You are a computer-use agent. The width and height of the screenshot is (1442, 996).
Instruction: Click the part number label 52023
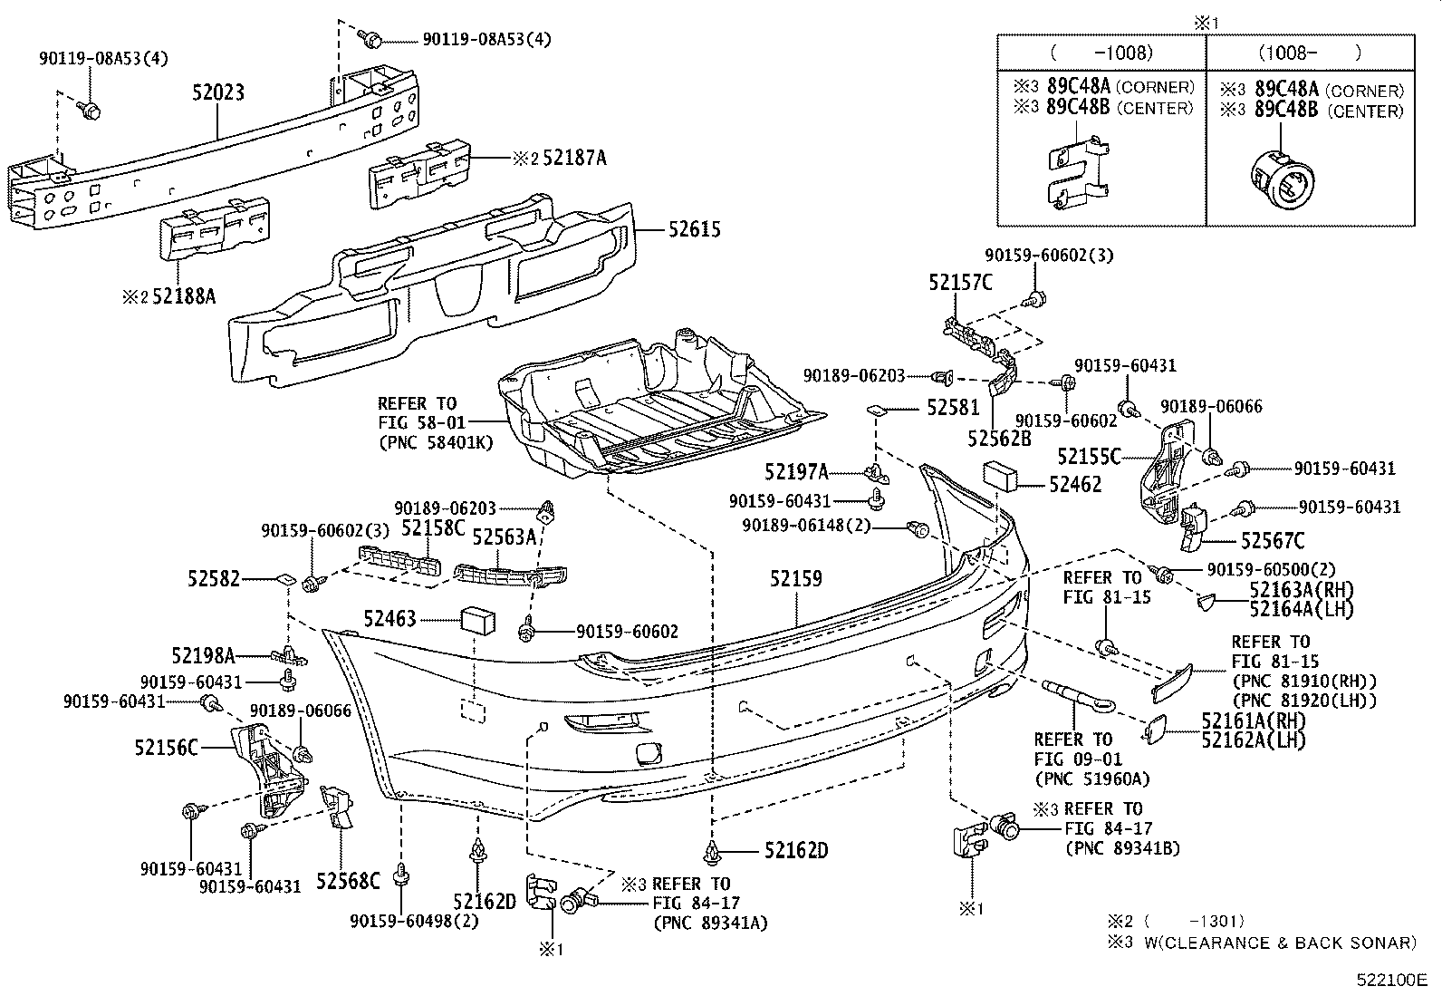click(217, 93)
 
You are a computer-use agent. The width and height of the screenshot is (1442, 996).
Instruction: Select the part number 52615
click(695, 229)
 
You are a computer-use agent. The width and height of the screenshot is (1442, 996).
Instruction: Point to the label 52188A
click(184, 295)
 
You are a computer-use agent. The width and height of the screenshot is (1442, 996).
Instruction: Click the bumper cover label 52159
click(796, 578)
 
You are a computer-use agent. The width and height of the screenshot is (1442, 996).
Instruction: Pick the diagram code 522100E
click(1390, 980)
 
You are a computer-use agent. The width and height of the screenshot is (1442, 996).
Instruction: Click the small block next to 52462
click(999, 475)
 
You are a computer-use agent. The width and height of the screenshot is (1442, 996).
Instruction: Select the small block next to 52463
click(478, 620)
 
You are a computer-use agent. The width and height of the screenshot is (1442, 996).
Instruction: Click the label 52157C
click(959, 283)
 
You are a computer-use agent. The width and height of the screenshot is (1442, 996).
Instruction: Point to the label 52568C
click(348, 880)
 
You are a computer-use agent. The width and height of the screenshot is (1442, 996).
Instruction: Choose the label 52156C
click(166, 748)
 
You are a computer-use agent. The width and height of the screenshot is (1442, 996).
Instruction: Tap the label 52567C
click(1272, 541)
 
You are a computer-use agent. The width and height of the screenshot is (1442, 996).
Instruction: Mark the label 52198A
click(203, 654)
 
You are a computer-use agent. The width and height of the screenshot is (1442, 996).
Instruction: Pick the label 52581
click(953, 410)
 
